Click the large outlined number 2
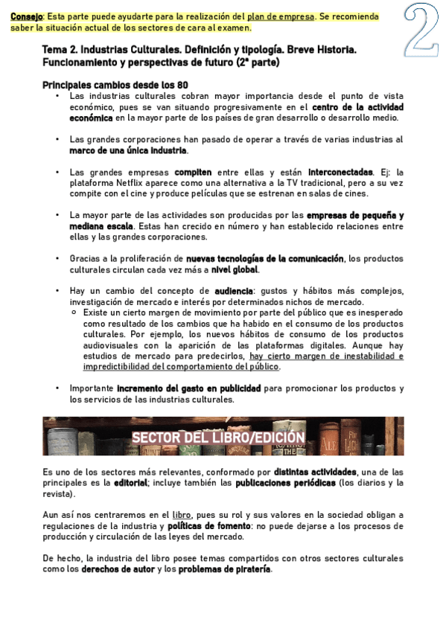click(x=421, y=28)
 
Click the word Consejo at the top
click(x=26, y=16)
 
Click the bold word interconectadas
click(x=343, y=172)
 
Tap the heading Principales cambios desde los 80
click(x=115, y=85)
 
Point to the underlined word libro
click(x=182, y=515)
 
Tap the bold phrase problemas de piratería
click(x=221, y=569)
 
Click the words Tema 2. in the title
click(x=60, y=50)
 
